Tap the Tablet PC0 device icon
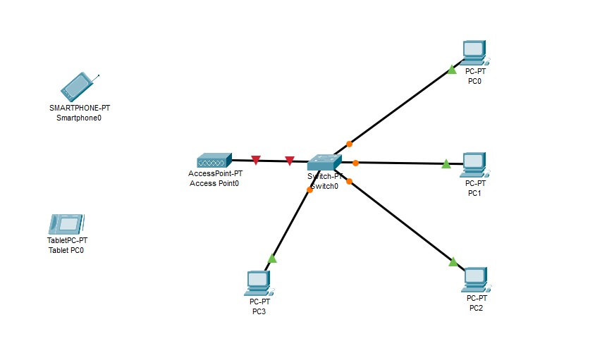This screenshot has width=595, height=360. pos(67,224)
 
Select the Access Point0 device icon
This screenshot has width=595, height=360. pos(214,160)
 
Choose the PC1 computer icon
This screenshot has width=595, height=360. pos(474,164)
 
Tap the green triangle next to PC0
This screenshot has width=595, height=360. pos(452,70)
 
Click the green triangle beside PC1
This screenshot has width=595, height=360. pos(446,164)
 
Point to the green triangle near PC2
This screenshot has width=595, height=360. pos(453,262)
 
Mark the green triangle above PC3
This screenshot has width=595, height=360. pos(272,259)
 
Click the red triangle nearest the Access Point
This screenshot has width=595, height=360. pos(256,161)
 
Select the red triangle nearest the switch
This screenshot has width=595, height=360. pos(290,161)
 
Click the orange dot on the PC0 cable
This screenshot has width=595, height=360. pos(349,144)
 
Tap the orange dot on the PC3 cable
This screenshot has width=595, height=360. pos(309,190)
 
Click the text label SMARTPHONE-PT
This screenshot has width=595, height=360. pos(80,108)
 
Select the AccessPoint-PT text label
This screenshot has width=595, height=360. pos(216,173)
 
